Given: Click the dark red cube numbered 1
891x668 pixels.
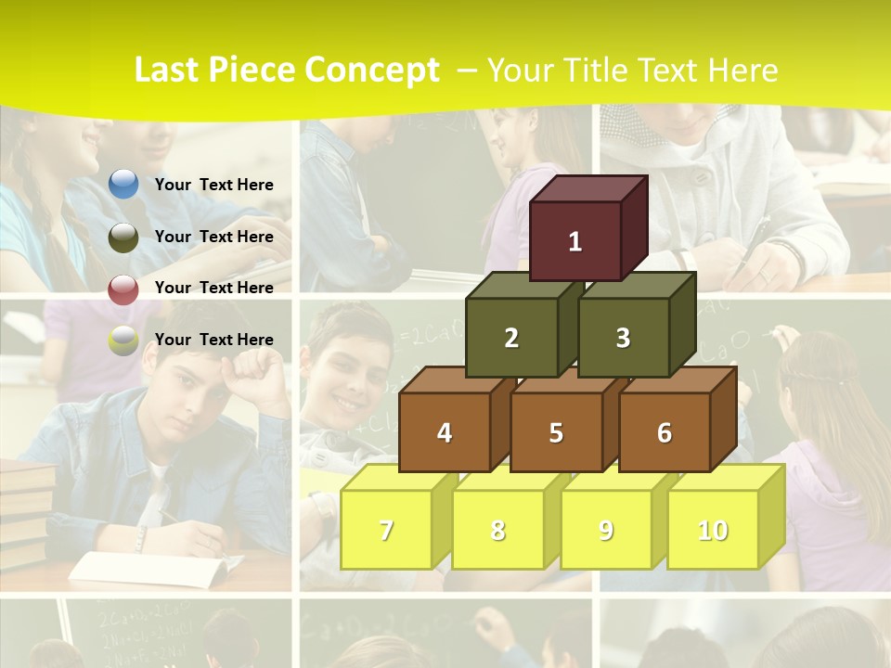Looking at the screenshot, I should pos(575,241).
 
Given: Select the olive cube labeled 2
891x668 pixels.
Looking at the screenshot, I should pos(511,338).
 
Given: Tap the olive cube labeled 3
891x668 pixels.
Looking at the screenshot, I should pos(623,338).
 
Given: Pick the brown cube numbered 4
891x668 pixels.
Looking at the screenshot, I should pos(445,432).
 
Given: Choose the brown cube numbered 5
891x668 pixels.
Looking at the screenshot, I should pos(555,432).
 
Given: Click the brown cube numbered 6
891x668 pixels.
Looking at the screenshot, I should pos(664,432).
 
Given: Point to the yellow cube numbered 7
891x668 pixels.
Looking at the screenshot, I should pos(386,530).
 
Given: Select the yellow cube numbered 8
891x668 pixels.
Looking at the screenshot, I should pos(497,530).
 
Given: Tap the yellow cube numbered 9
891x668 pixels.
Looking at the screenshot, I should pos(605,530).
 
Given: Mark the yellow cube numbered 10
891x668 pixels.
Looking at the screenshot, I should pos(712,530).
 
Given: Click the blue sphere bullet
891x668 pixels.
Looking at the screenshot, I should pos(123,185).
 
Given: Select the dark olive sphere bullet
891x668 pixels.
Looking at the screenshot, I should pos(123,238).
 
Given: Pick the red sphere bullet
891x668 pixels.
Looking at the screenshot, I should pos(123,289).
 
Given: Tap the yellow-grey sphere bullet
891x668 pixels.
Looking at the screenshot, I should pos(123,341).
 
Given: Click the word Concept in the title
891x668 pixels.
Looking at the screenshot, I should pos(372,71).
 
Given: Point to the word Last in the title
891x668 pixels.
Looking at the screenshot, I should pos(170,71).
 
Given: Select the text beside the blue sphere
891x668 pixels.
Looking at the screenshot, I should pos(213,185).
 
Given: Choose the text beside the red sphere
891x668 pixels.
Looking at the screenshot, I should pos(213,288).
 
